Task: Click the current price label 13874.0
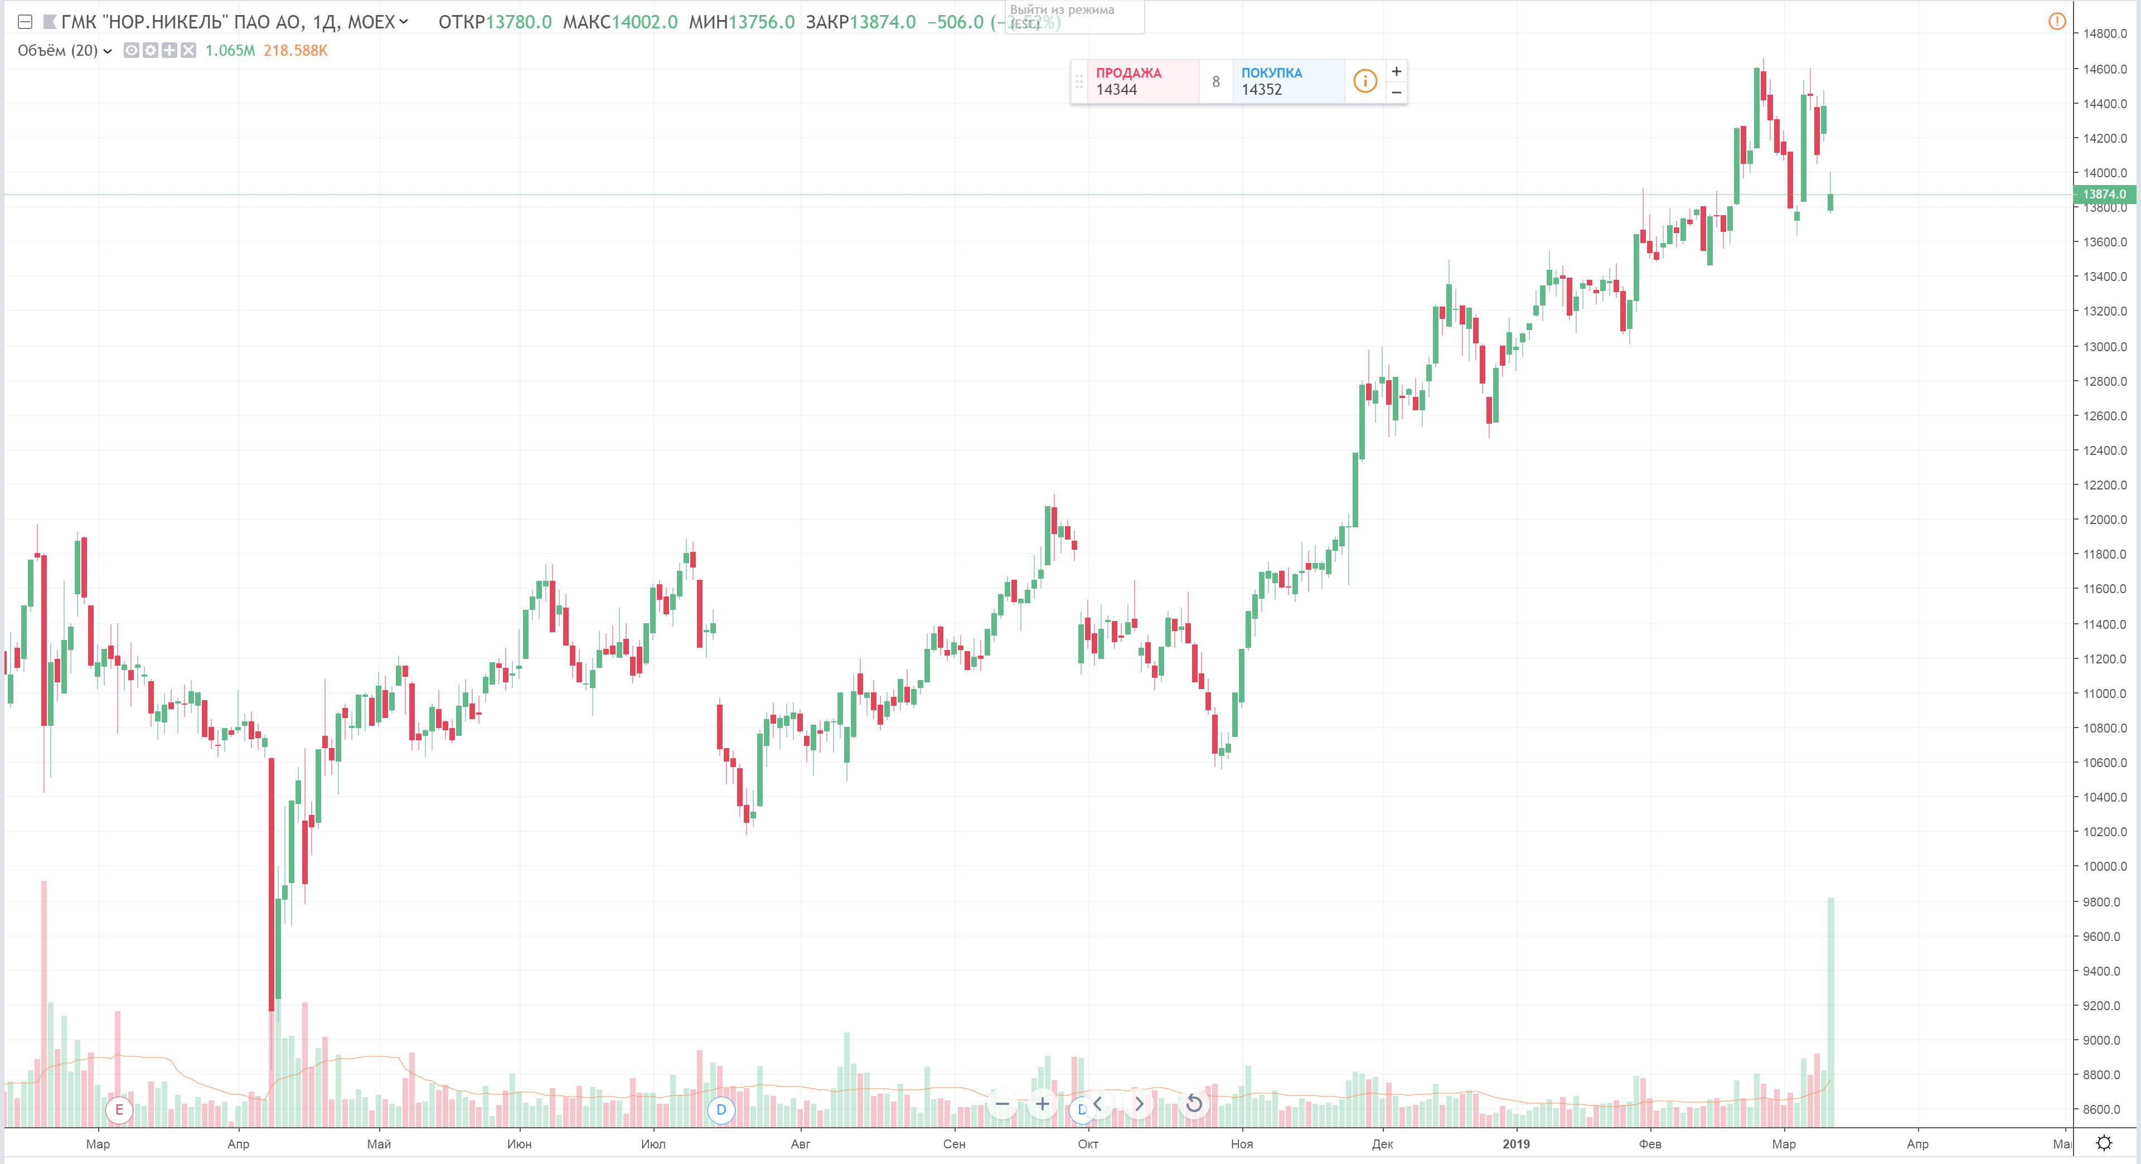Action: pos(2104,195)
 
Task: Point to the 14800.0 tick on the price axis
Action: pos(2104,34)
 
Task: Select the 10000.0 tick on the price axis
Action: pos(2104,866)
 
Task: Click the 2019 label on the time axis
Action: pos(1515,1144)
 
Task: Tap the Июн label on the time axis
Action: pos(520,1144)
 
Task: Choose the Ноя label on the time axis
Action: pos(1241,1144)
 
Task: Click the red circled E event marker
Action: pos(120,1109)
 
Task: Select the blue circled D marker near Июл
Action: pos(720,1109)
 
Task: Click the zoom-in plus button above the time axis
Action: pos(1042,1104)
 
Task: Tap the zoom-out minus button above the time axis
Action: pos(1002,1104)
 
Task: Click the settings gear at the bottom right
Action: pos(2104,1143)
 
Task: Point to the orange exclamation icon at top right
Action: pos(2057,22)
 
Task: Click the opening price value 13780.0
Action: pos(518,22)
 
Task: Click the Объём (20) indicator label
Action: pos(57,51)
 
